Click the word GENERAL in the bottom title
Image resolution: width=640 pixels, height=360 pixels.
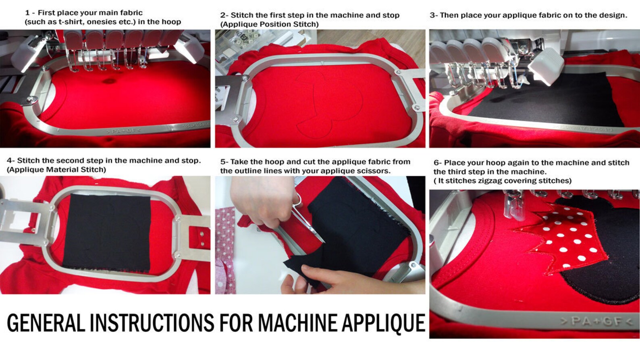(x=46, y=323)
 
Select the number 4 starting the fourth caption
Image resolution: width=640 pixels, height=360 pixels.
(x=9, y=160)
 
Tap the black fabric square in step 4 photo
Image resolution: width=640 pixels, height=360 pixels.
(x=107, y=233)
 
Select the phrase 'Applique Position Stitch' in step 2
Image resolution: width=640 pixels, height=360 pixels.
(x=270, y=24)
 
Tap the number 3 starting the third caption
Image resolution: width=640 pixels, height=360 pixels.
(x=432, y=15)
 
